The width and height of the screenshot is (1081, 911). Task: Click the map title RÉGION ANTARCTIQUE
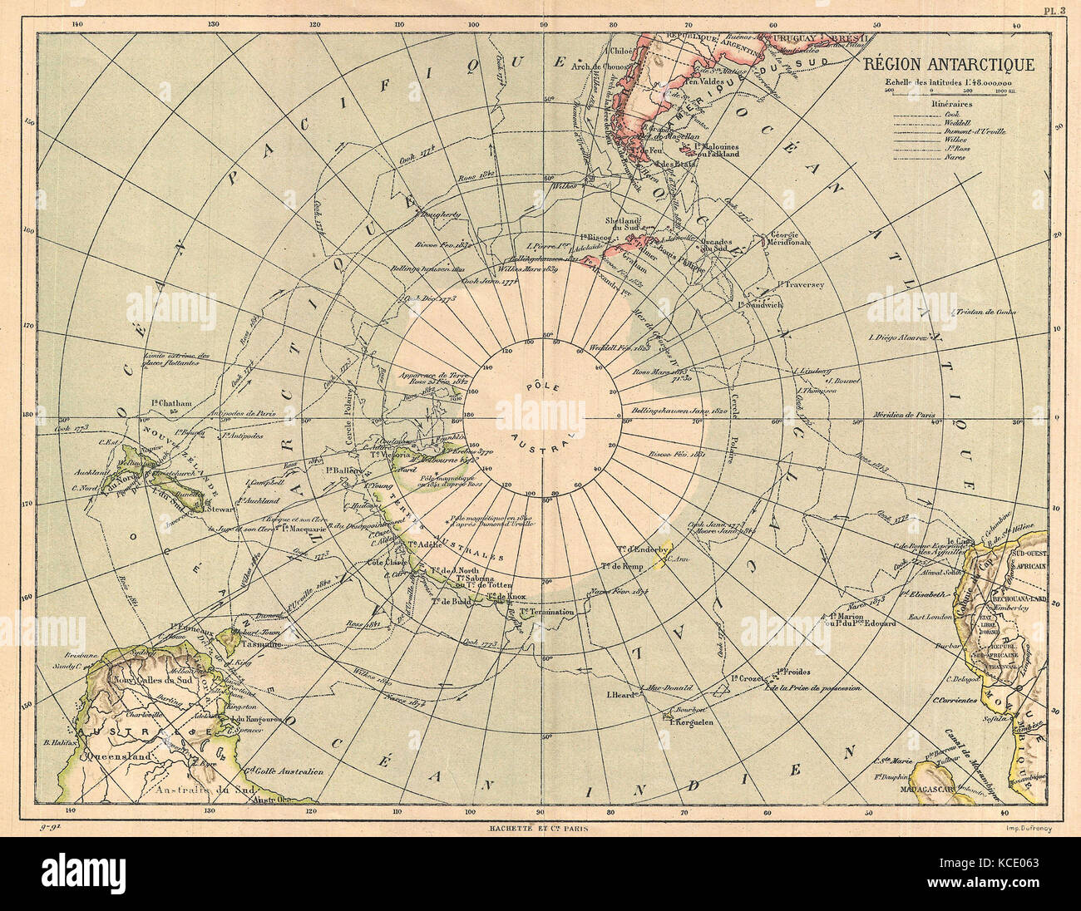pos(947,65)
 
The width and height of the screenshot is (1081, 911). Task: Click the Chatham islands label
pos(172,403)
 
